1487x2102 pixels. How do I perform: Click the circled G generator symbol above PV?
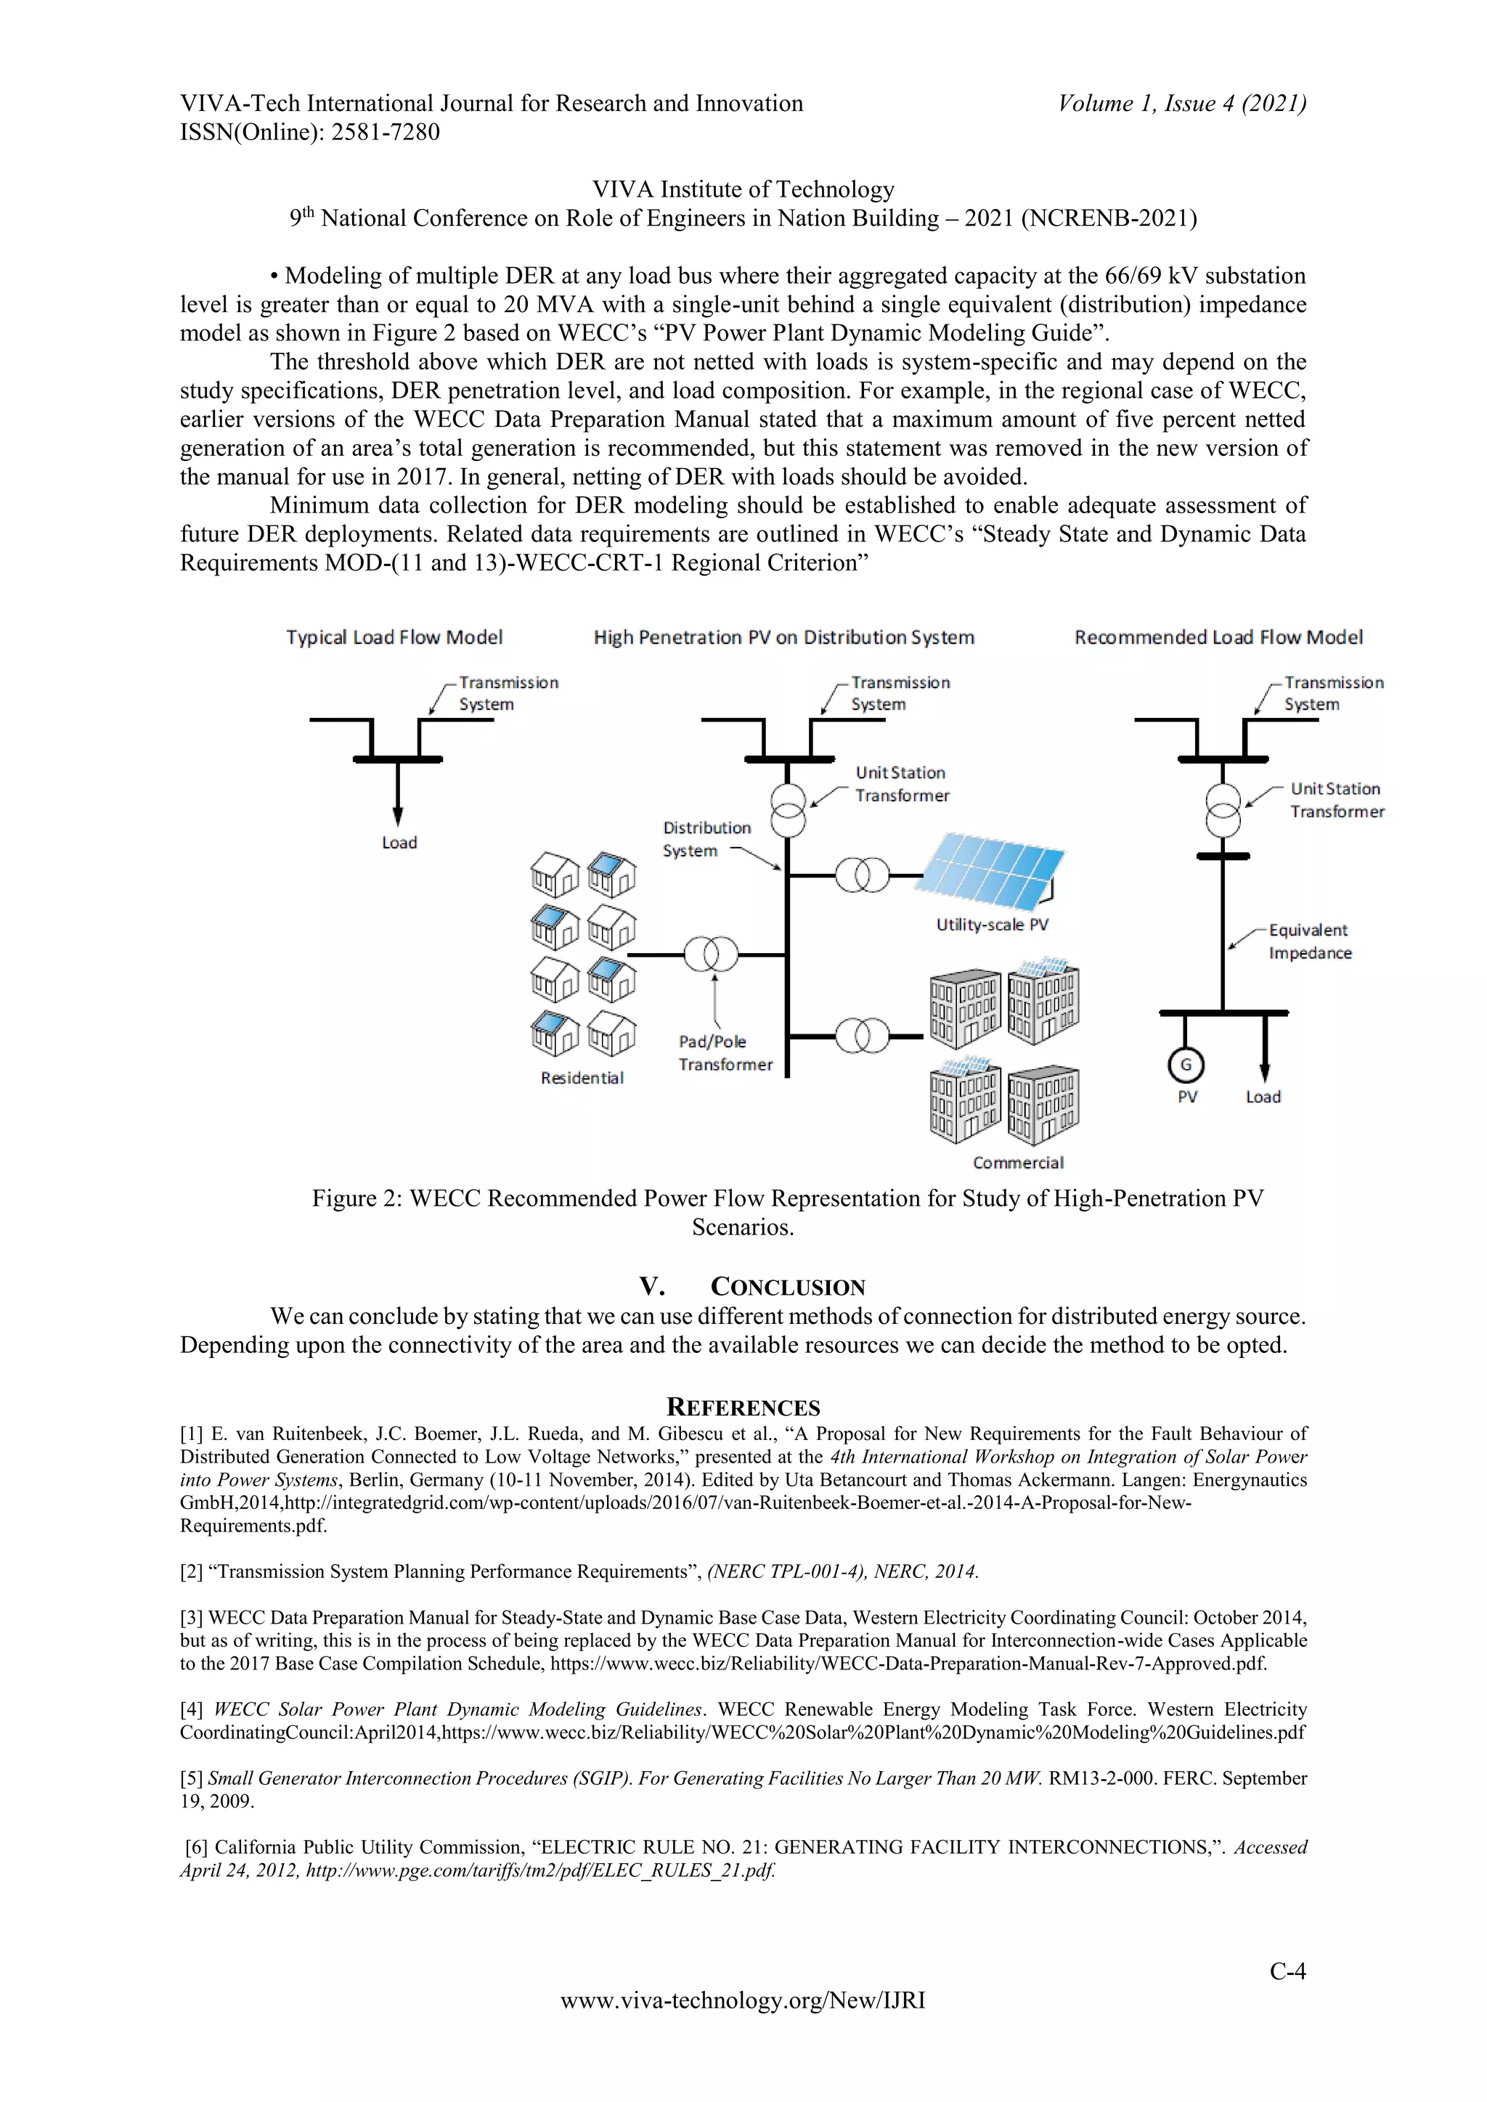1186,1065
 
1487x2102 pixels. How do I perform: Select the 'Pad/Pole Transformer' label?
725,1053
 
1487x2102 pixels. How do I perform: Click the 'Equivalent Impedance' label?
1309,941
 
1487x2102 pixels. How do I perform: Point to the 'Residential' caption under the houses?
582,1078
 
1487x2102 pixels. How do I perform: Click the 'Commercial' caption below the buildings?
1017,1163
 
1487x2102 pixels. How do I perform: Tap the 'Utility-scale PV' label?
992,925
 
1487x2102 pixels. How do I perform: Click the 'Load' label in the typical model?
399,842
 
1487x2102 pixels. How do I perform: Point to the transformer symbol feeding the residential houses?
711,955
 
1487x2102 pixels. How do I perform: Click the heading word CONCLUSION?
788,1287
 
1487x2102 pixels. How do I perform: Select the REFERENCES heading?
743,1407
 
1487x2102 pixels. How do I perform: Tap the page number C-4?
1287,1971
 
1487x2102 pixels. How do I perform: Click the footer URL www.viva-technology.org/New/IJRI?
743,2000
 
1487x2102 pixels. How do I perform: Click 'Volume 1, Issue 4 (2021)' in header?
1181,104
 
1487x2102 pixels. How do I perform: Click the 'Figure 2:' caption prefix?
357,1198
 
